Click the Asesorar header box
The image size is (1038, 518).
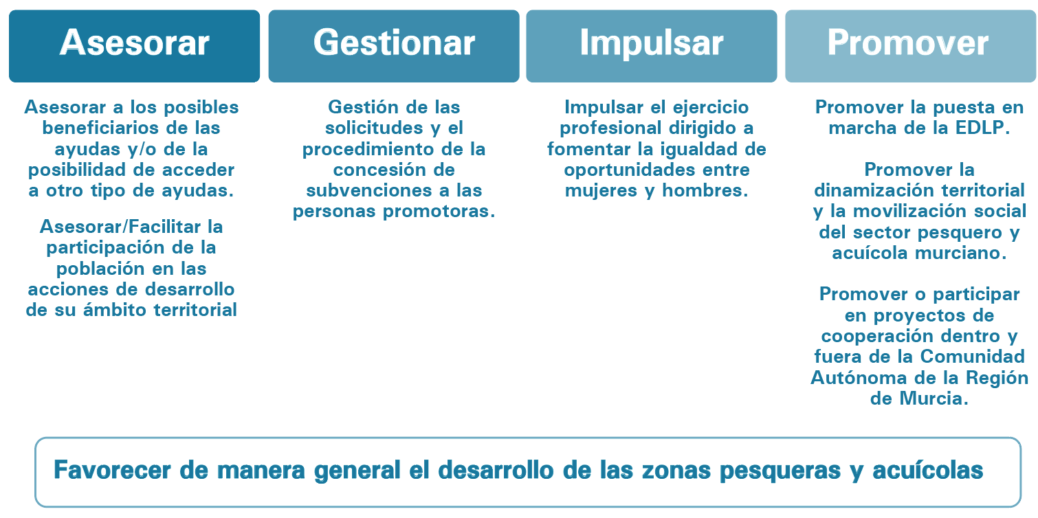pos(134,46)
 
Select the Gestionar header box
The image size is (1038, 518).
pos(394,46)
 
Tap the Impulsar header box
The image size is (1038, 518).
pos(652,46)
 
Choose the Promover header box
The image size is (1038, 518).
pos(911,46)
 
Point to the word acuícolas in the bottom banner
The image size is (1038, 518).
pos(928,470)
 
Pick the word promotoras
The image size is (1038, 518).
pos(439,211)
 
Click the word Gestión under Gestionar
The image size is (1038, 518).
pos(361,107)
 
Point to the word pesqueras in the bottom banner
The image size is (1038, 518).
pos(780,471)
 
